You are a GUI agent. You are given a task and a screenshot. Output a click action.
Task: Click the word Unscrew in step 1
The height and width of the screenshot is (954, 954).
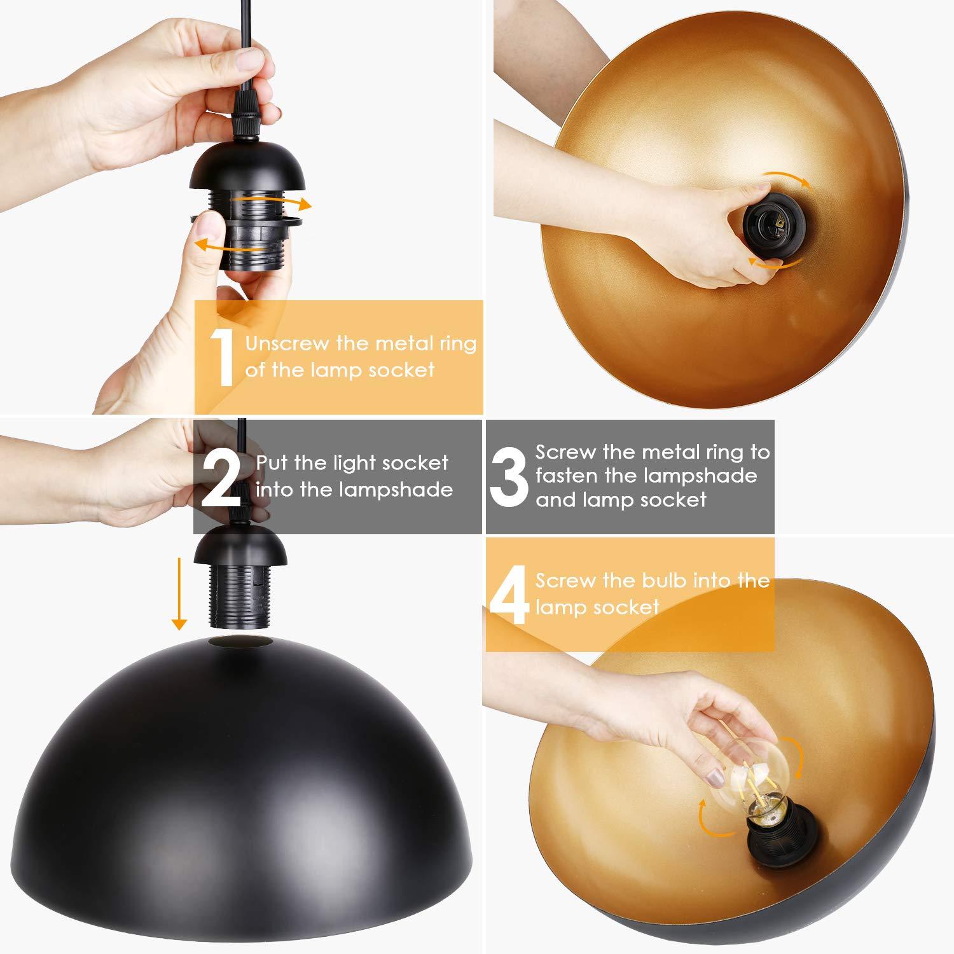[287, 344]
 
